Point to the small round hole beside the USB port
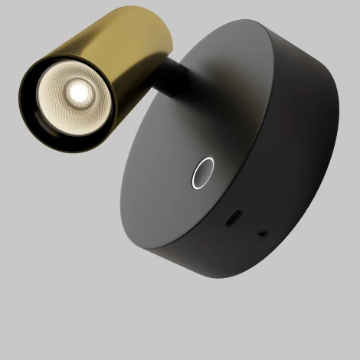point(264,229)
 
